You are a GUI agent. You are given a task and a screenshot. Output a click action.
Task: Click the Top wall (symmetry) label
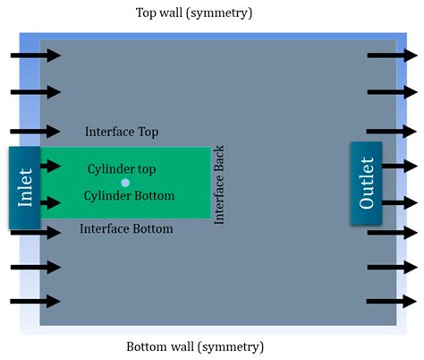(x=194, y=13)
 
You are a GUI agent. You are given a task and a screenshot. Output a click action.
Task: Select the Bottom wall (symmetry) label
(x=195, y=347)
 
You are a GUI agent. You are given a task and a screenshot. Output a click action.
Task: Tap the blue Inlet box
(x=25, y=188)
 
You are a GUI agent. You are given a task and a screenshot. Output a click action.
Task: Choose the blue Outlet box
(x=366, y=183)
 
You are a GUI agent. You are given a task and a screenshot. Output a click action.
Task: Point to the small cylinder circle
(x=125, y=183)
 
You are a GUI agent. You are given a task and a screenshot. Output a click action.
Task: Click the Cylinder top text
(x=122, y=169)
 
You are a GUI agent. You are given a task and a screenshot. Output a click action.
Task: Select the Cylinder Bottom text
(x=129, y=196)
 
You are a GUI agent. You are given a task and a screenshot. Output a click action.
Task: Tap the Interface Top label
(x=122, y=132)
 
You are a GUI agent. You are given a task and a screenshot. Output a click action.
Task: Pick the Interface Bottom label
(x=126, y=228)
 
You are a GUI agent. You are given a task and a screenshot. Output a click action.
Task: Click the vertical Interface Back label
(x=219, y=184)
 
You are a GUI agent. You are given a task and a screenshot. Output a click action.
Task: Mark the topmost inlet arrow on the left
(x=36, y=56)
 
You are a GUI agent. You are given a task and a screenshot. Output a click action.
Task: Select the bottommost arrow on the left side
(x=36, y=301)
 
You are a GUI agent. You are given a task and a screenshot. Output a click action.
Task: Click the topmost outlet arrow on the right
(x=392, y=56)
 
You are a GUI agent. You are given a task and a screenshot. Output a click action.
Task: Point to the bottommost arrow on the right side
(x=392, y=301)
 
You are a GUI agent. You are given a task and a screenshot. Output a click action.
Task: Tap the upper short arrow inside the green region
(x=51, y=166)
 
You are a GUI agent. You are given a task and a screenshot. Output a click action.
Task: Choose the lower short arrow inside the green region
(x=51, y=202)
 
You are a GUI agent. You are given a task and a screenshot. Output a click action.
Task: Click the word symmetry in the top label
(x=220, y=13)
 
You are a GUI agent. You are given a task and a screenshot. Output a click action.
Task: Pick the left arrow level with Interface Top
(x=36, y=132)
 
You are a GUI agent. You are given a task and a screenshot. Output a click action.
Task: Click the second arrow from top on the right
(x=392, y=92)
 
